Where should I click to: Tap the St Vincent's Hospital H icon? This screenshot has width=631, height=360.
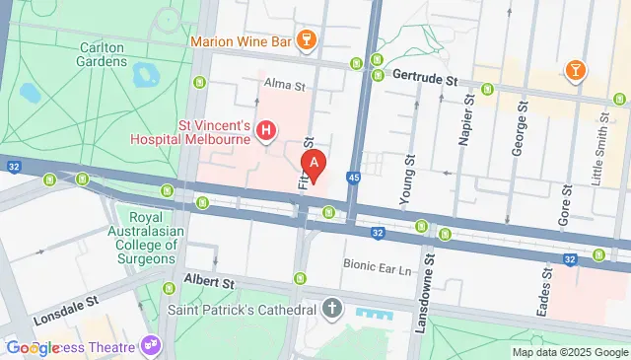(x=265, y=129)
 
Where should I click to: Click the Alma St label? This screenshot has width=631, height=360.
(x=285, y=86)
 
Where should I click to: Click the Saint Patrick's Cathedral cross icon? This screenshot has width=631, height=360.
(x=332, y=309)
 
